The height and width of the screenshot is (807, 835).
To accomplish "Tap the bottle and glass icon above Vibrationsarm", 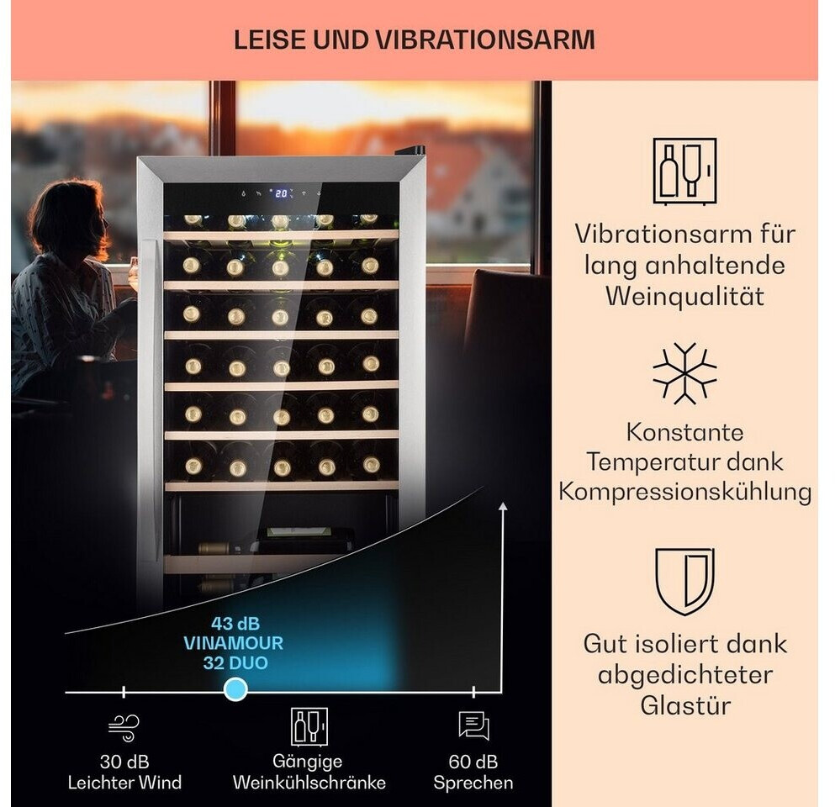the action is [684, 172].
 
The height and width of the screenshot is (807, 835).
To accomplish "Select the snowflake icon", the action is [684, 373].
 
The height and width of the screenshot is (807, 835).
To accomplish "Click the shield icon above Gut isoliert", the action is [684, 581].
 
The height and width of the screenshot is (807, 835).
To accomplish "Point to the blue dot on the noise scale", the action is [236, 691].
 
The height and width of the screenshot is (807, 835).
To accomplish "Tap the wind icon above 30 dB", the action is [124, 725].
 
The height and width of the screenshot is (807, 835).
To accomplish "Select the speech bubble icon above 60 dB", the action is [473, 725].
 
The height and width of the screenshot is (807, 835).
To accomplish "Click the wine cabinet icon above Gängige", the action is [309, 726].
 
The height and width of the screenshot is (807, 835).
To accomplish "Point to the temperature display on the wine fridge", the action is [282, 193].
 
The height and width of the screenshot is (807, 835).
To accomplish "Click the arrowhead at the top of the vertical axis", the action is [504, 506].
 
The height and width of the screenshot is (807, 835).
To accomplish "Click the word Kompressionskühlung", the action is [684, 492].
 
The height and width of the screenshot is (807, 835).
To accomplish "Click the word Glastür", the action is [684, 704].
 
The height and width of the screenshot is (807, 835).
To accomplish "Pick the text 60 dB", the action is [473, 762].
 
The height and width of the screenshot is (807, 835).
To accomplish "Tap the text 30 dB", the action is [124, 762].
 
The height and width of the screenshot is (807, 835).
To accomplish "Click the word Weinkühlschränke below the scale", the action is [309, 783].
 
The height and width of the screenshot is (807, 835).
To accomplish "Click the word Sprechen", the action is [473, 783].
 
